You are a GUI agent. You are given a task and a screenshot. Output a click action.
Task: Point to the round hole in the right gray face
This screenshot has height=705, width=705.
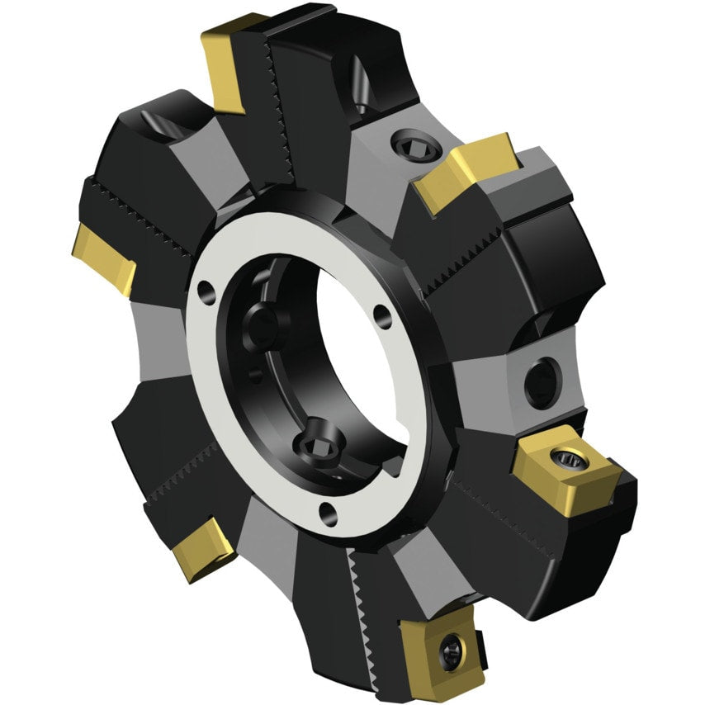pos(541,381)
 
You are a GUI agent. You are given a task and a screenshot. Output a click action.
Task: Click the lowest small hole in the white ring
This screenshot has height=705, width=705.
pos(329,513)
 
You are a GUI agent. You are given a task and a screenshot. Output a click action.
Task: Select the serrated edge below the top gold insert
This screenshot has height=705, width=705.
pos(277,124)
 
